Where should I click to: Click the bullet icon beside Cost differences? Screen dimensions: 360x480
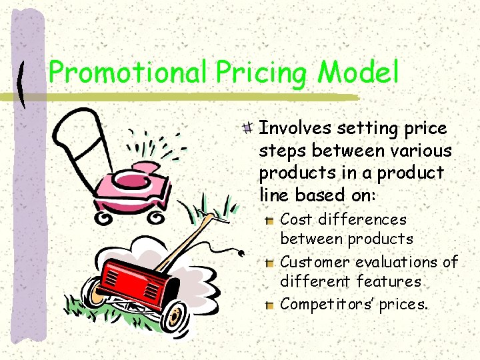click(269, 219)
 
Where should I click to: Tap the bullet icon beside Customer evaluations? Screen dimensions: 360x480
click(269, 262)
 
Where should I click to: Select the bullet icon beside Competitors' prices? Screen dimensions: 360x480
click(269, 305)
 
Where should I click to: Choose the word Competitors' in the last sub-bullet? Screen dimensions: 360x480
click(327, 305)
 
